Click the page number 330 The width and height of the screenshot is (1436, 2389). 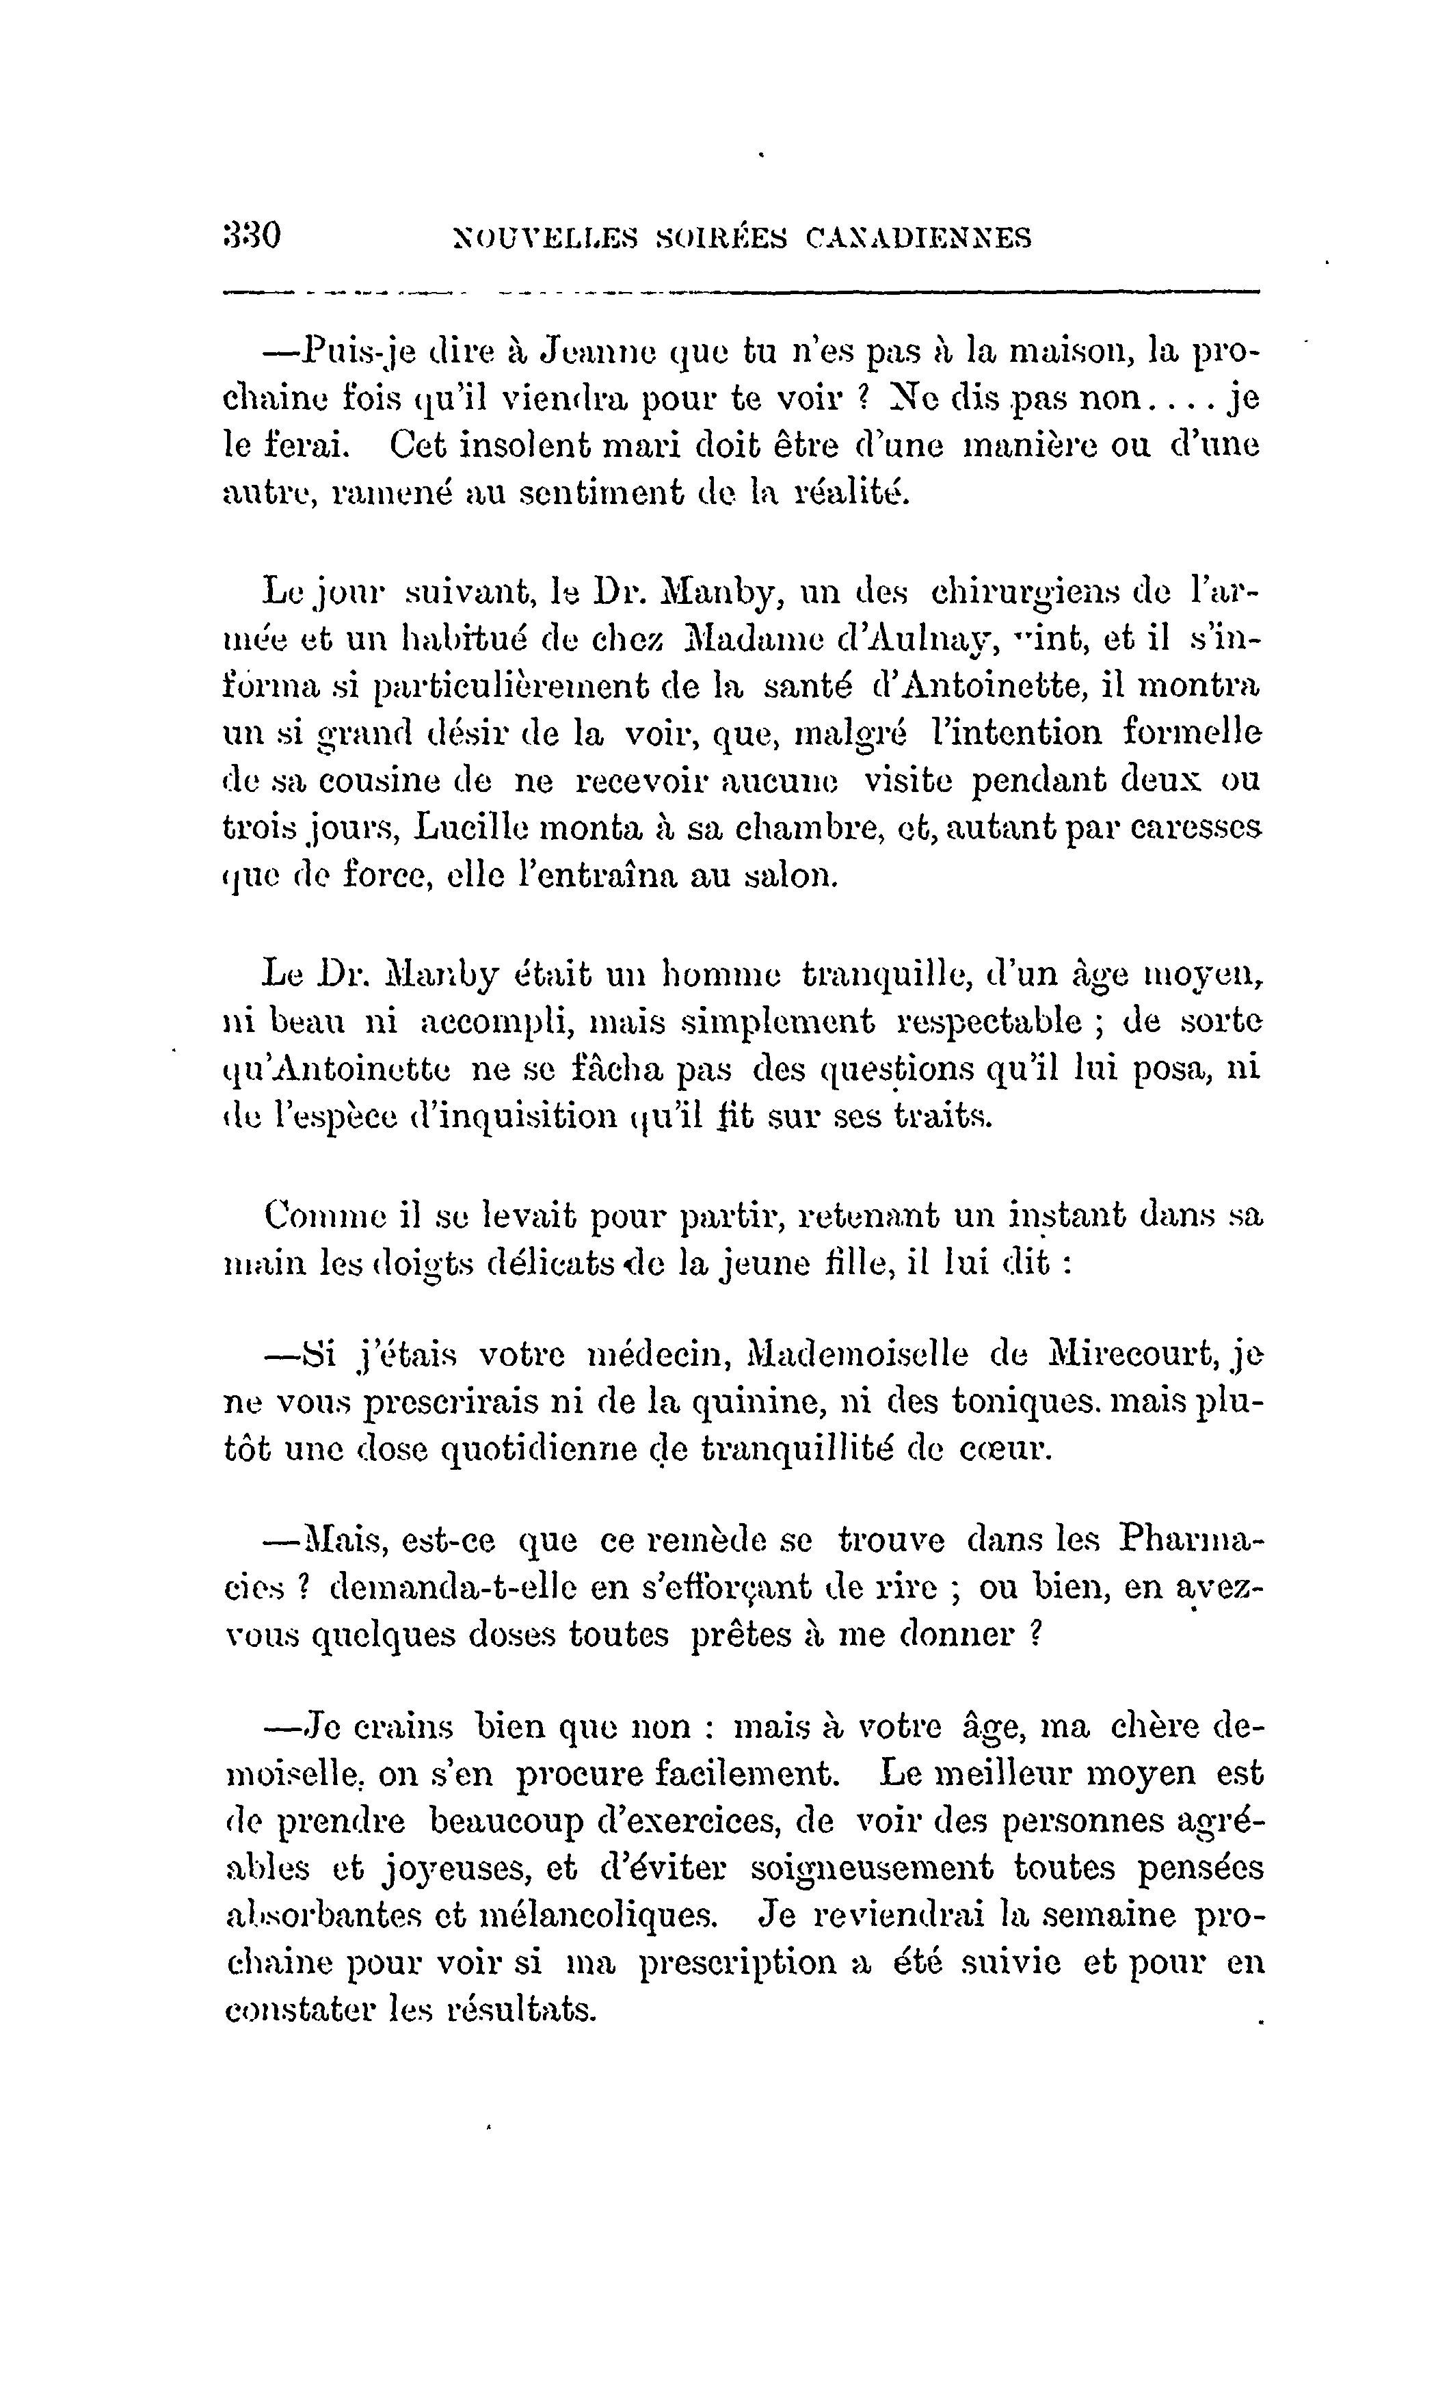252,235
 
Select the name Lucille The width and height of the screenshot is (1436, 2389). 471,828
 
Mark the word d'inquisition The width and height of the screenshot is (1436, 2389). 513,1117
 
